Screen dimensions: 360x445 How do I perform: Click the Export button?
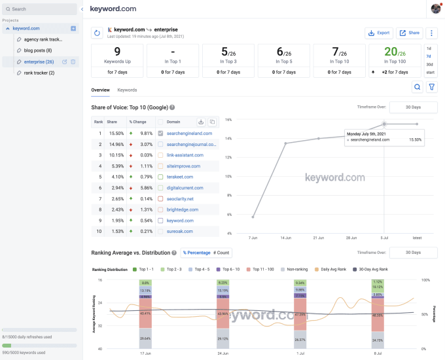(x=378, y=33)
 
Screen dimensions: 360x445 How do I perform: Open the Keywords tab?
(x=127, y=90)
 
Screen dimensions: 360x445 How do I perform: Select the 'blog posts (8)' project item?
(x=39, y=50)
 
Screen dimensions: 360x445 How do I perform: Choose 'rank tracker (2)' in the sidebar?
(x=39, y=73)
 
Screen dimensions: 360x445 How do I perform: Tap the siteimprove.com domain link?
(x=183, y=166)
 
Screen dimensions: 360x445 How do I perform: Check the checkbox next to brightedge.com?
(x=160, y=209)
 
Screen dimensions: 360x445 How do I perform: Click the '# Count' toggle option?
(x=222, y=253)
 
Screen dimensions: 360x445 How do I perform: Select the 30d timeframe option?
(x=429, y=65)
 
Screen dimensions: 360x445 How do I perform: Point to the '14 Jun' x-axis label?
(x=285, y=238)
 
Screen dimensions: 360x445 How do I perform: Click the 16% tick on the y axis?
(x=228, y=120)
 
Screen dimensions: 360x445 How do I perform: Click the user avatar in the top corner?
(x=436, y=9)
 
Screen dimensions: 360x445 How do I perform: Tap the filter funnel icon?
(x=431, y=87)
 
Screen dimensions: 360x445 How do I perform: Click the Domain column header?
(x=173, y=122)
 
